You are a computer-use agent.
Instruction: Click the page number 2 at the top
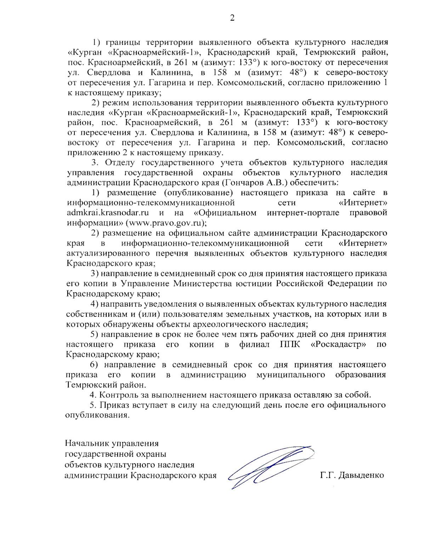point(232,18)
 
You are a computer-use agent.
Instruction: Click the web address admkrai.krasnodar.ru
point(108,213)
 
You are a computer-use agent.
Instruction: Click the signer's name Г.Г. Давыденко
point(352,475)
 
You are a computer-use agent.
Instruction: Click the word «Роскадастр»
point(338,345)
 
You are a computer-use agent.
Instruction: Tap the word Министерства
point(204,284)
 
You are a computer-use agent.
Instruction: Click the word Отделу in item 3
point(120,162)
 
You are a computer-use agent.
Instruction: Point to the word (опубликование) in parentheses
point(198,193)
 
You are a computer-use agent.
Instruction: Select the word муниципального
point(291,375)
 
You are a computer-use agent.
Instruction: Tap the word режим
point(116,103)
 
